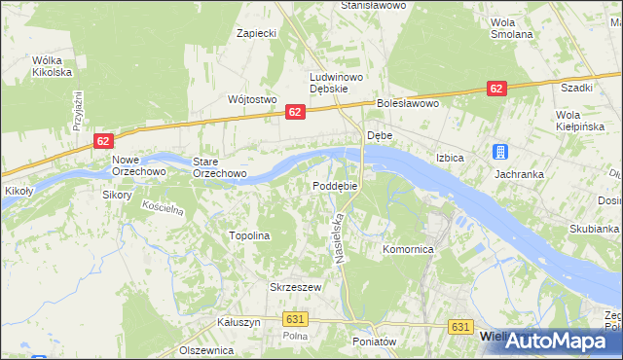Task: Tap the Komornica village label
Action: [x=408, y=249]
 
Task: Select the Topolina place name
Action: [x=248, y=235]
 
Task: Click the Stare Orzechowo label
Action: [x=219, y=167]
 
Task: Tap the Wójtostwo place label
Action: [x=252, y=99]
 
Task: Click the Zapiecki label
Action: [x=258, y=33]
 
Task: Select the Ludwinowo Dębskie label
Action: [x=336, y=83]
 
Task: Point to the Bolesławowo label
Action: [x=409, y=102]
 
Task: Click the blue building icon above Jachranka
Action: [x=499, y=152]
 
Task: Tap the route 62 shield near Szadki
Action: [x=496, y=89]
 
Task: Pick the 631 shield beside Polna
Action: [x=297, y=318]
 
